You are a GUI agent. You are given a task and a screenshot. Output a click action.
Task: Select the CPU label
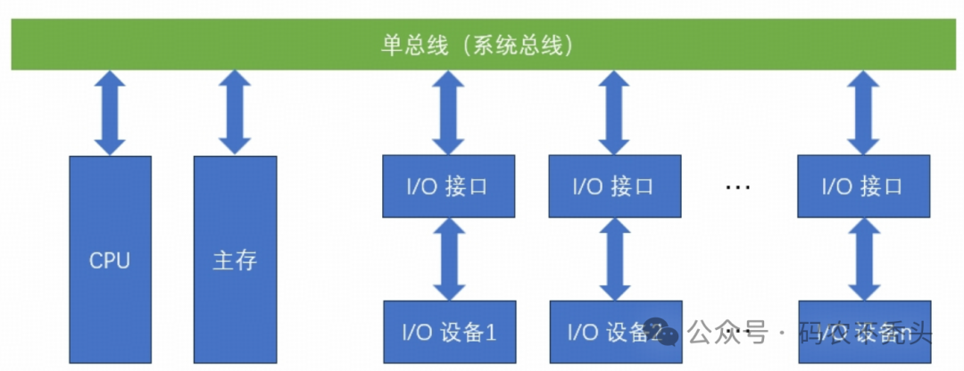click(110, 261)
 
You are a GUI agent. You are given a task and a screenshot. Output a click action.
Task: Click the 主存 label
click(235, 261)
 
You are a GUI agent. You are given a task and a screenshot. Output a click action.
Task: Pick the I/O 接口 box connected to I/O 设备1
click(449, 186)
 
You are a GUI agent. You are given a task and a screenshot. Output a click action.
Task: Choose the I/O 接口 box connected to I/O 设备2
click(614, 186)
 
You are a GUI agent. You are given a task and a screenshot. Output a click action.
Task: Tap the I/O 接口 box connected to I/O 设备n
click(863, 186)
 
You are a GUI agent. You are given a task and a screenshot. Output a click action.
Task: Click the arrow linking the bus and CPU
click(110, 112)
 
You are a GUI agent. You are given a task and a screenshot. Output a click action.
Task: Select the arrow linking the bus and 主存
click(235, 112)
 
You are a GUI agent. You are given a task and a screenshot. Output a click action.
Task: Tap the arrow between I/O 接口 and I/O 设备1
click(449, 260)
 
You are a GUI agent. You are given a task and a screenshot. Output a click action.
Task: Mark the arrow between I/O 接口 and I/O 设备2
click(614, 260)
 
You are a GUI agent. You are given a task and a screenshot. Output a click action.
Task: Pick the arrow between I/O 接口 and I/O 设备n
click(863, 260)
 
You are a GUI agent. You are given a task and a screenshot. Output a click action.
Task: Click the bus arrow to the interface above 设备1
click(449, 112)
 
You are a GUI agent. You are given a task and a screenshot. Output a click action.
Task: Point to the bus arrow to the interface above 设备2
click(614, 112)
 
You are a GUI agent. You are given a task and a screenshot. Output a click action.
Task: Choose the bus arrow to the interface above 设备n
click(863, 112)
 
